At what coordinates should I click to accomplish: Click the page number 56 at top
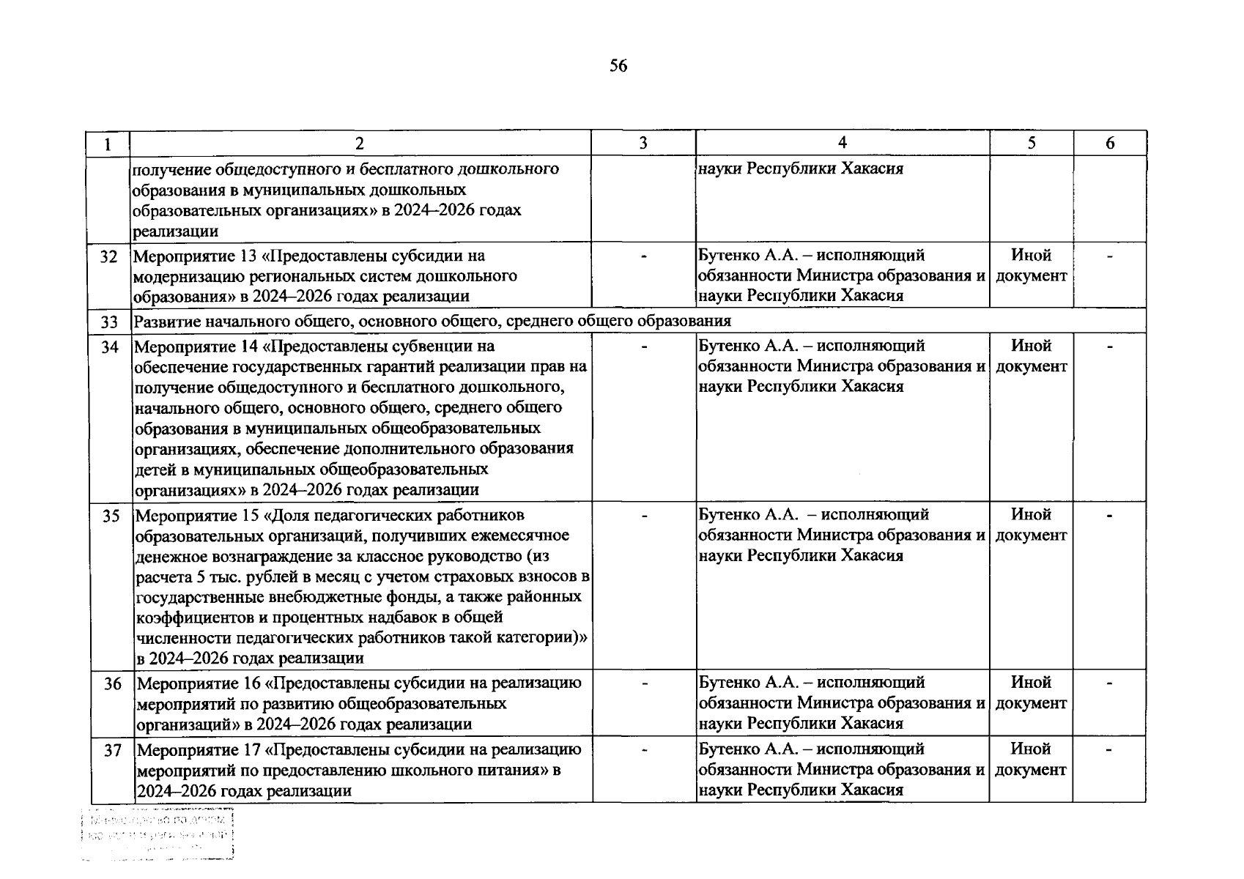point(618,67)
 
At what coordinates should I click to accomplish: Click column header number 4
point(842,143)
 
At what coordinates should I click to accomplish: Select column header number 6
point(1109,144)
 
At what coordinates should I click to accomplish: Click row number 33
point(108,322)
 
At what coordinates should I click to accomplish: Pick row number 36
point(111,684)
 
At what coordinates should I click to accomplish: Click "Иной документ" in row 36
point(1031,693)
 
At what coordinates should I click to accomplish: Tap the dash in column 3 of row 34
point(643,346)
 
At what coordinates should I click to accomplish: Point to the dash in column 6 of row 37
point(1109,749)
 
